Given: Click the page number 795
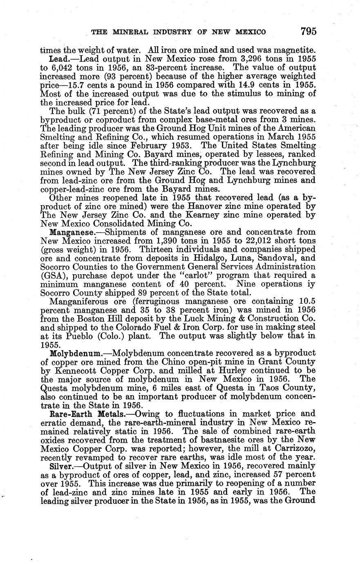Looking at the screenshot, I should tap(309, 31).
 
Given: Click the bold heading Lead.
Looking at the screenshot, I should tap(57, 59).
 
